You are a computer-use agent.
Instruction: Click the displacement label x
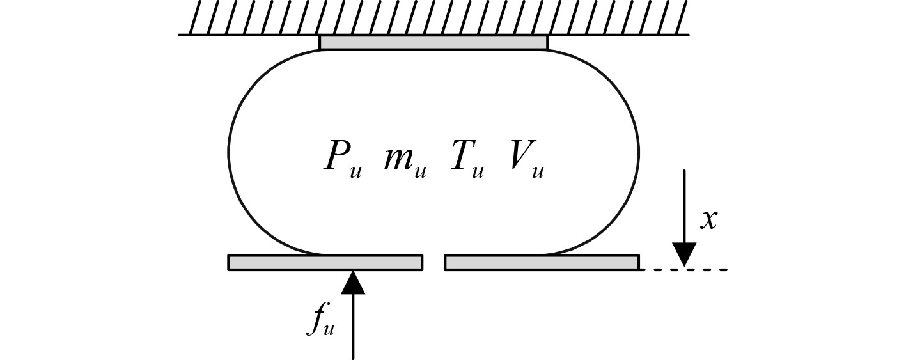[x=708, y=219]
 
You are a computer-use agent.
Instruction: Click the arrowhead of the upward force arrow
[x=353, y=282]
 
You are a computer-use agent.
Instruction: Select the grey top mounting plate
[x=433, y=42]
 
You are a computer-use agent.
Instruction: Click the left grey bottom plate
[x=325, y=262]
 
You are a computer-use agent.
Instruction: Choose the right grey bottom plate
[x=542, y=262]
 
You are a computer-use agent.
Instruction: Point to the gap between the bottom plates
[x=433, y=262]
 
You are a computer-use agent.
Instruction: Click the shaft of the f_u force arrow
[x=353, y=326]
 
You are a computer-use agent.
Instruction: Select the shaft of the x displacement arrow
[x=684, y=205]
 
